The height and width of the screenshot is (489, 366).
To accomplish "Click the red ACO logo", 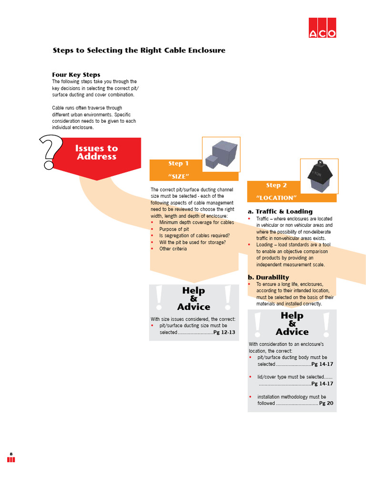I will tap(322, 28).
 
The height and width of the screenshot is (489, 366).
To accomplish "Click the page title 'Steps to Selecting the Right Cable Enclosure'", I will tap(139, 50).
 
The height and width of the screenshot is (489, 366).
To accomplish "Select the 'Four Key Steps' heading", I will tap(76, 74).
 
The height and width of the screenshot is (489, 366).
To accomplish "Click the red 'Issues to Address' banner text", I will tap(96, 152).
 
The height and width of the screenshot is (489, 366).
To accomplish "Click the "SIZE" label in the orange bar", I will tap(178, 176).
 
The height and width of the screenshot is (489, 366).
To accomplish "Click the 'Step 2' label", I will tap(276, 185).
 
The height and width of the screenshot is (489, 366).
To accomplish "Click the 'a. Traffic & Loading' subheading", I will tap(280, 212).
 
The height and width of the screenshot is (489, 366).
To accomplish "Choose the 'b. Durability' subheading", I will tap(268, 277).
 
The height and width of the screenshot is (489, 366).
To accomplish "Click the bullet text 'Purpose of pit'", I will tap(174, 229).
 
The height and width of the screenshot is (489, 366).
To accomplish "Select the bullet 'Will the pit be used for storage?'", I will tap(193, 242).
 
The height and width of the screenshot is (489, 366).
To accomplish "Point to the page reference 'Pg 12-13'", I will tap(224, 332).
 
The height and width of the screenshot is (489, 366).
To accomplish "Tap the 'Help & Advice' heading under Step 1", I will tap(193, 298).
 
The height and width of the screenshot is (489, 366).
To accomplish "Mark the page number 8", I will tap(11, 453).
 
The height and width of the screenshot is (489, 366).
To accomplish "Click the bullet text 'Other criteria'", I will tap(173, 249).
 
